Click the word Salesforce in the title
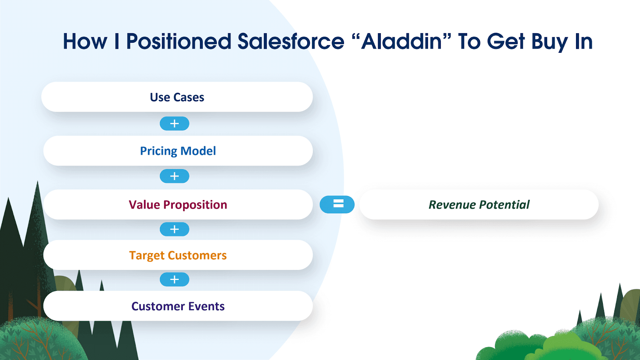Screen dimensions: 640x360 coord(291,42)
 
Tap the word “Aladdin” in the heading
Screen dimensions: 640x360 coord(402,42)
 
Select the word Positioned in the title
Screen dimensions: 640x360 coord(178,42)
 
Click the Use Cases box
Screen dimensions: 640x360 coord(177,97)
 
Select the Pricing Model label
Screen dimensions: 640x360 coord(178,151)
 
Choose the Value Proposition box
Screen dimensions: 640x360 coord(178,204)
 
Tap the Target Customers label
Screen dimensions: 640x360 coord(178,255)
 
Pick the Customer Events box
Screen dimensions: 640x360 coord(178,306)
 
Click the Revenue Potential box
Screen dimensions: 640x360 coord(479,204)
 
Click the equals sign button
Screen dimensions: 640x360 coord(337,204)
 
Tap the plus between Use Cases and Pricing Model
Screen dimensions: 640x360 coord(174,124)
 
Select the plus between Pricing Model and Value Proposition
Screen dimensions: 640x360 coord(174,176)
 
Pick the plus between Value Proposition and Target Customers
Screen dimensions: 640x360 coord(174,229)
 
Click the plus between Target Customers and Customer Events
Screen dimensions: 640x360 coord(174,280)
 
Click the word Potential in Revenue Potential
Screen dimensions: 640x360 coord(504,204)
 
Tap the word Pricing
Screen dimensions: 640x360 coord(158,151)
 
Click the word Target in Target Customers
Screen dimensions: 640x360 coord(147,256)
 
